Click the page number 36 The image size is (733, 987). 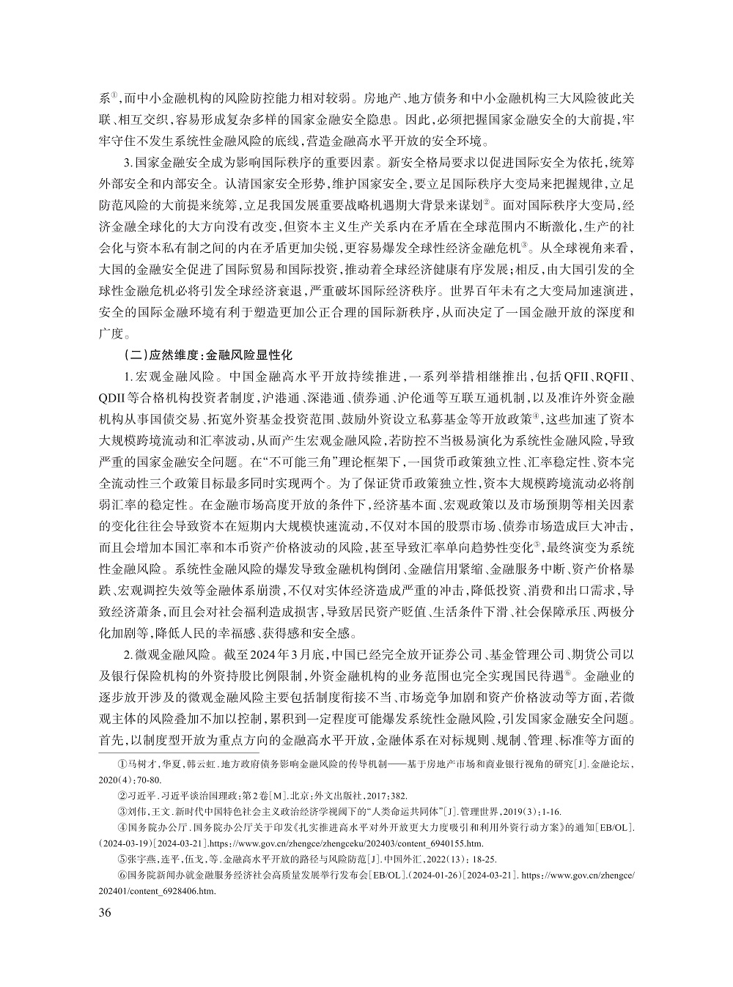104,912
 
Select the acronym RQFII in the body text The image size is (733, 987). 613,377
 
